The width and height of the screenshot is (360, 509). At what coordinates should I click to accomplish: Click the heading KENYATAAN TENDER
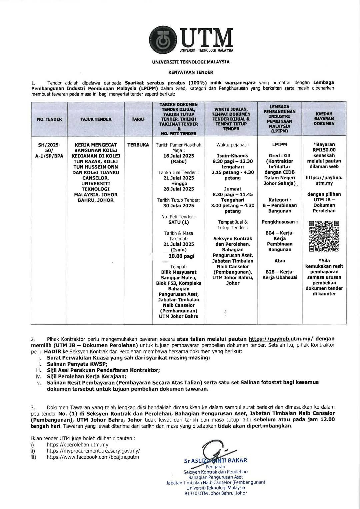click(x=191, y=72)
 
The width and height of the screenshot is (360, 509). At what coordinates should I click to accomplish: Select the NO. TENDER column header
click(x=49, y=119)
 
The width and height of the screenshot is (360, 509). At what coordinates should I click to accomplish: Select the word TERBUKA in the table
click(x=138, y=145)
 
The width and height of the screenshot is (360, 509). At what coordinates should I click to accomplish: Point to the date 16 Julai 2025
click(x=179, y=156)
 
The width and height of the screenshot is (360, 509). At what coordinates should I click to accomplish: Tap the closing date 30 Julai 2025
click(x=179, y=206)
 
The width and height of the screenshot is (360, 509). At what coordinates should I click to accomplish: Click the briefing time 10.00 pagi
click(x=179, y=256)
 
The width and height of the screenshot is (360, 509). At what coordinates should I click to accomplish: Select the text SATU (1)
click(x=179, y=222)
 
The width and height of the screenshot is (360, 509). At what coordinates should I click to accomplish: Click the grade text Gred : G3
click(x=279, y=156)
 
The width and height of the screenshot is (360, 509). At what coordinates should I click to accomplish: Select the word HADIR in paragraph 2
click(x=49, y=352)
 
